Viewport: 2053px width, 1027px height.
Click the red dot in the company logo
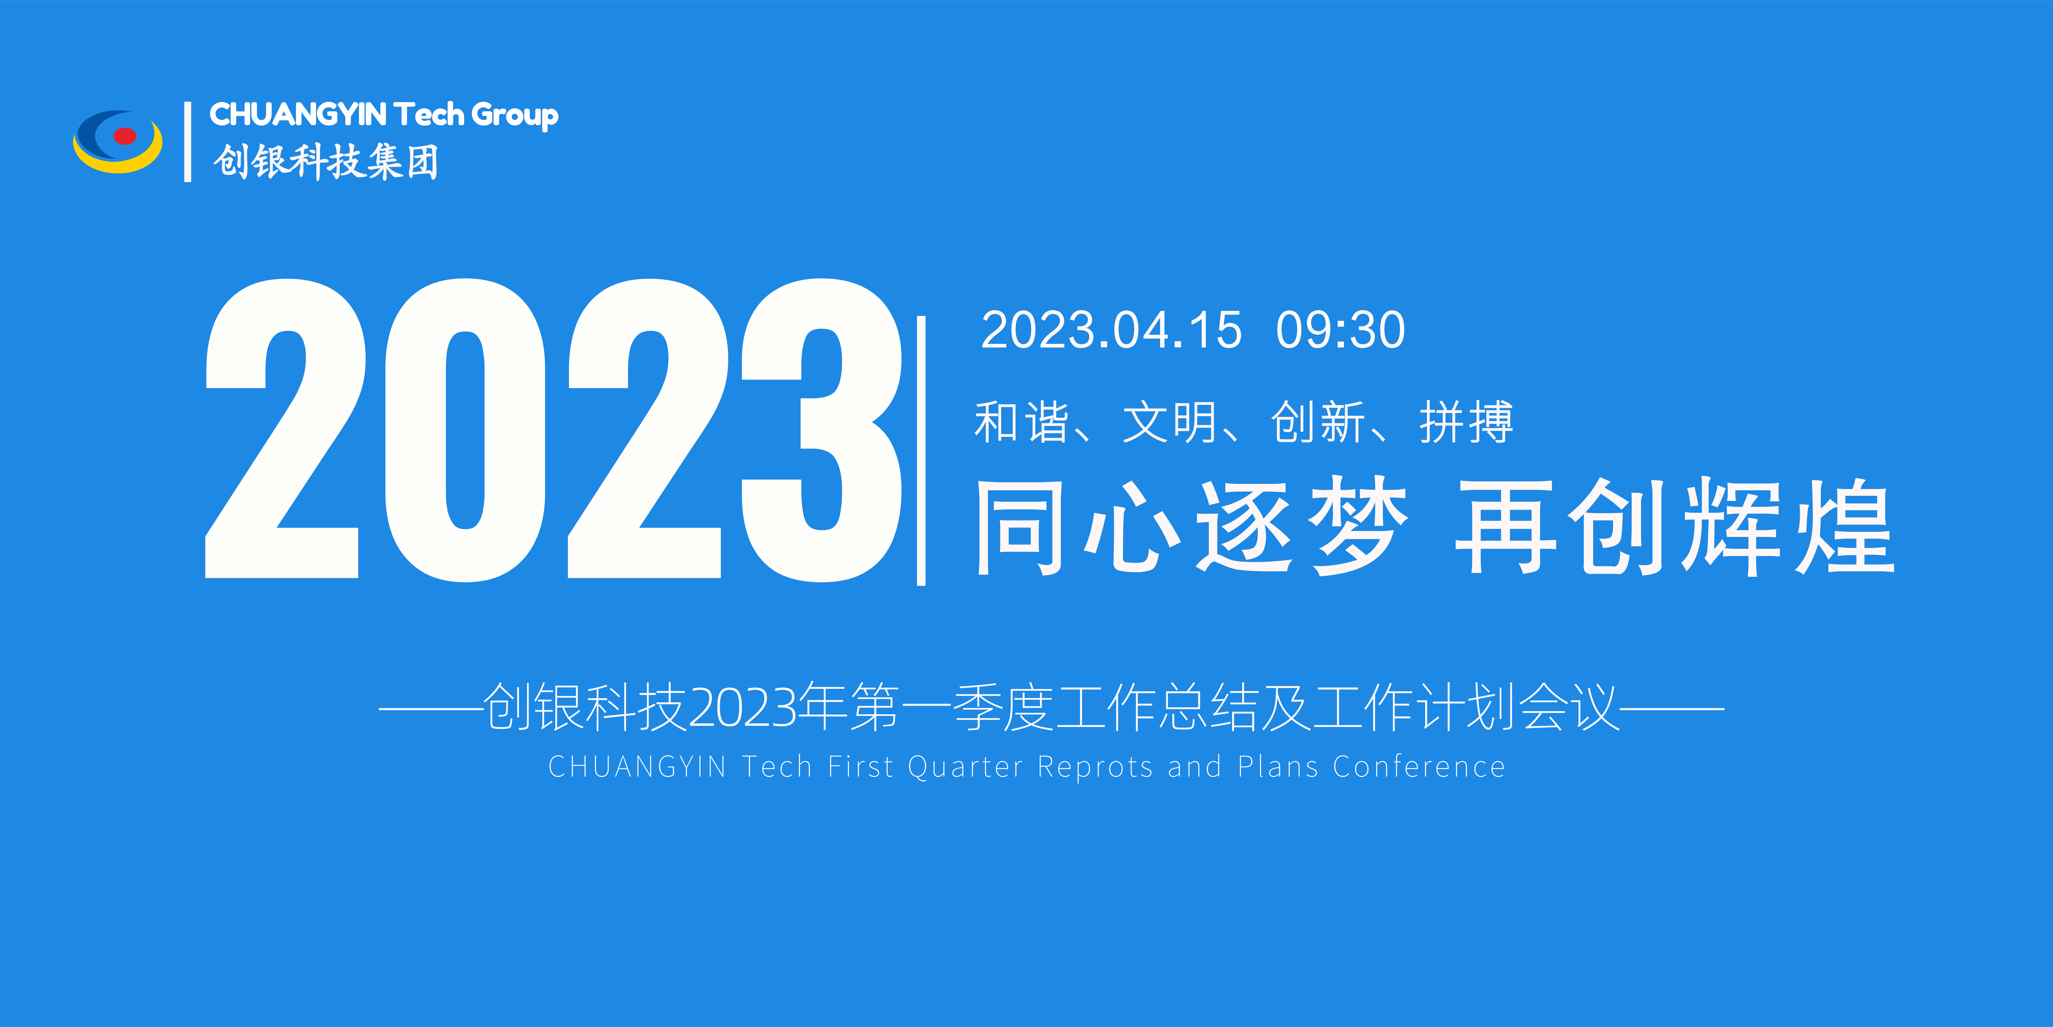tap(124, 136)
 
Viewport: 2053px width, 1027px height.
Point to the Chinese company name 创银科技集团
tap(325, 162)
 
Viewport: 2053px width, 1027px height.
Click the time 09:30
tap(1340, 330)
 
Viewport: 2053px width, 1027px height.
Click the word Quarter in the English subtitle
tap(965, 767)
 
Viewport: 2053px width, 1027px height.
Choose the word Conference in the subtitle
tap(1419, 767)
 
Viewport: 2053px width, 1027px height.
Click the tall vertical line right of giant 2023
tap(921, 450)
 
